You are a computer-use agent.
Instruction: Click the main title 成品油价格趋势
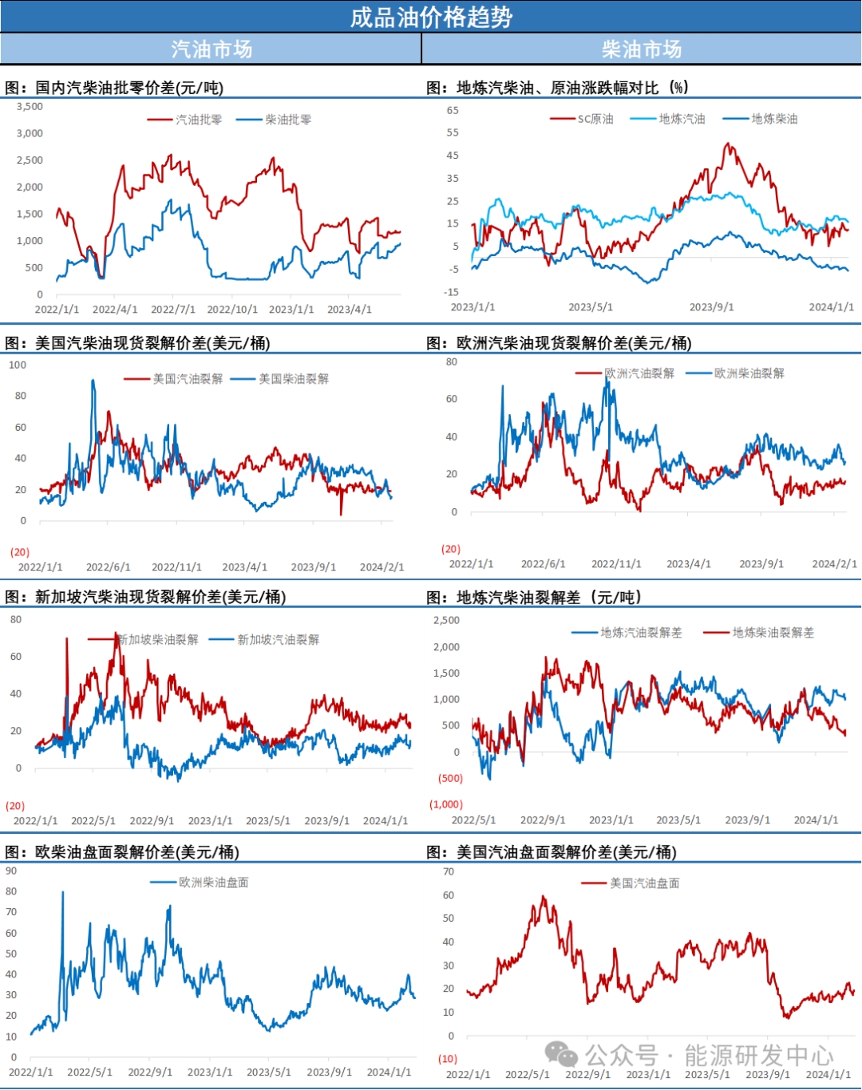[x=431, y=17]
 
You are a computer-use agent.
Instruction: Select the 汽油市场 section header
[x=211, y=49]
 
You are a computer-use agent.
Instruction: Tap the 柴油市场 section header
[x=642, y=49]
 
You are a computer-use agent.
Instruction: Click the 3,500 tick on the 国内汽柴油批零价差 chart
[x=30, y=106]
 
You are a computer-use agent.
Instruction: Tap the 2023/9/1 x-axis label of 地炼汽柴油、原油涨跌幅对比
[x=711, y=307]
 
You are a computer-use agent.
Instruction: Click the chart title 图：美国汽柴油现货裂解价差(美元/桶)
[x=137, y=343]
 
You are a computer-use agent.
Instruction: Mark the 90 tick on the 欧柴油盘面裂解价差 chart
[x=11, y=871]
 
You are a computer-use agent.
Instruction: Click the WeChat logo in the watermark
[x=561, y=1055]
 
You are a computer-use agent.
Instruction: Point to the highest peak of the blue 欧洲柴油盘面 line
[x=63, y=892]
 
